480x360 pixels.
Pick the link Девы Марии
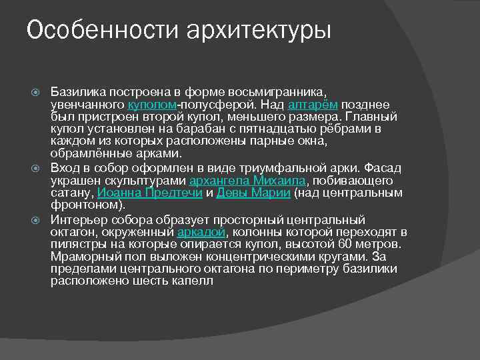coord(253,193)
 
